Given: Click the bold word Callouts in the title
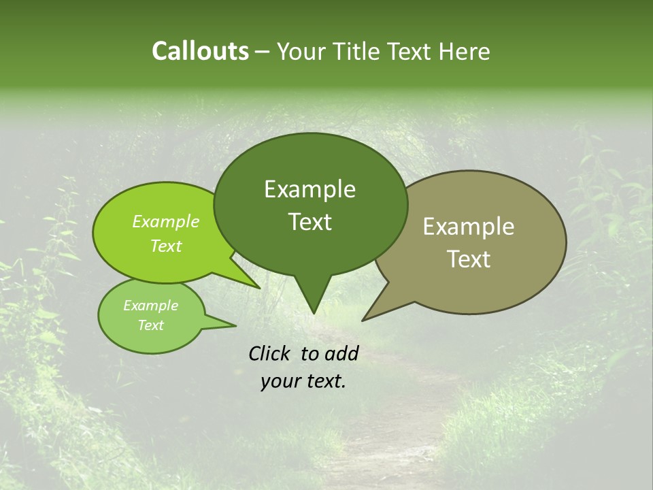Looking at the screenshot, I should click(x=200, y=51).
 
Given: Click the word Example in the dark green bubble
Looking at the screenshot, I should click(x=309, y=189).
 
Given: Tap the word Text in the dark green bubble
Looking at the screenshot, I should click(x=309, y=222).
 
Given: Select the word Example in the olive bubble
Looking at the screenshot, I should click(x=469, y=227).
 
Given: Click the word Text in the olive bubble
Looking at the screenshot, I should click(x=469, y=259).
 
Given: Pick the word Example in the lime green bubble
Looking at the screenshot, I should click(x=166, y=221).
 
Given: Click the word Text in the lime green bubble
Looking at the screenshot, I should click(x=166, y=246).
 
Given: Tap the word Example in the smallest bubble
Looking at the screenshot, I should click(x=150, y=306).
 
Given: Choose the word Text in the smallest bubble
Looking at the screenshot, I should click(x=150, y=325).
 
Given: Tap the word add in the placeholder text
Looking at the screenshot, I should click(x=341, y=353).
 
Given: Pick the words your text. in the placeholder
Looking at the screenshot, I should click(x=303, y=381).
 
